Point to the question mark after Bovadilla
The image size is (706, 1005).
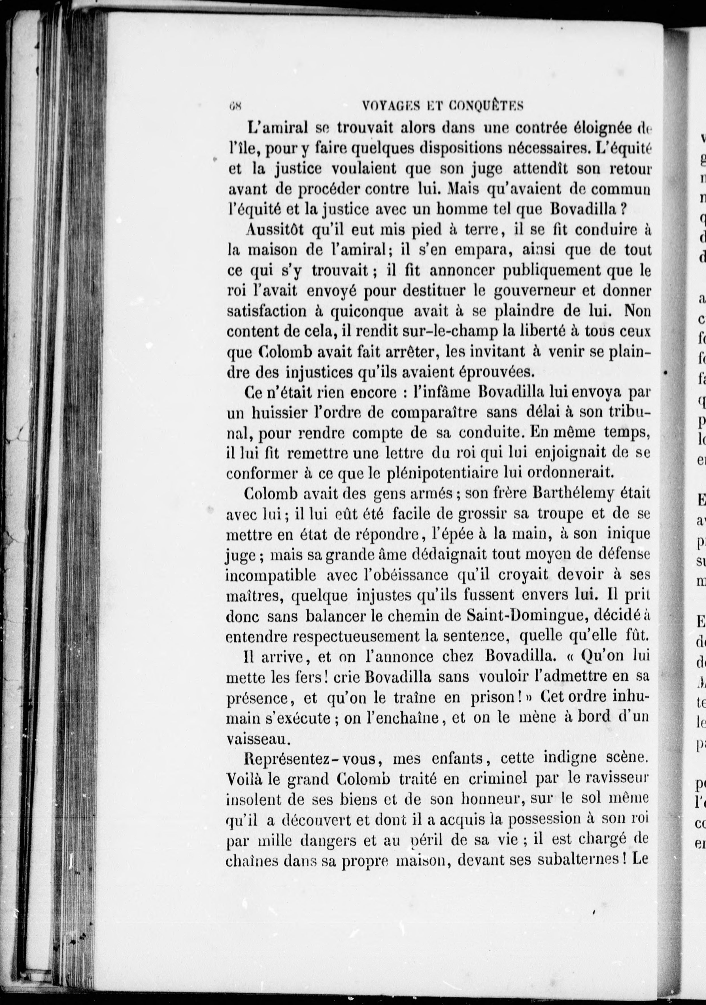pyautogui.click(x=625, y=210)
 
